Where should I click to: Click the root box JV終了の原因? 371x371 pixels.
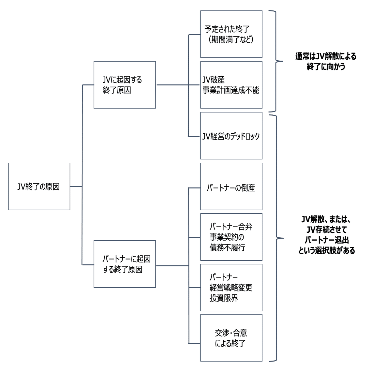tap(39, 186)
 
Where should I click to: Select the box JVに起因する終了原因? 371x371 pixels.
tap(125, 85)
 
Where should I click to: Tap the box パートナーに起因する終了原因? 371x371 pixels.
tap(125, 264)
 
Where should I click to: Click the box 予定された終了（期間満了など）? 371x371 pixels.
tap(231, 34)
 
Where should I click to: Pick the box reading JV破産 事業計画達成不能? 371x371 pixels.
tap(231, 85)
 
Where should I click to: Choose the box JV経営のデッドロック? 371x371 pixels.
tap(231, 136)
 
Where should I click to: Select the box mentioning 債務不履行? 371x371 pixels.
tap(231, 237)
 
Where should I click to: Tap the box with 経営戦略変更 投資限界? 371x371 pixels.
tap(231, 288)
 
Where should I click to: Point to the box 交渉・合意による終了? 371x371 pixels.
tap(231, 338)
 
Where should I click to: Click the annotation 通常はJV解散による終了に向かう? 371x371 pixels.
tap(326, 61)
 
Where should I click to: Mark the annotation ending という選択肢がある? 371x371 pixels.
tap(326, 251)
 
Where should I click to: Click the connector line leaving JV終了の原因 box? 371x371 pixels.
tap(76, 186)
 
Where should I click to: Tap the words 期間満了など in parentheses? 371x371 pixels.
tap(231, 40)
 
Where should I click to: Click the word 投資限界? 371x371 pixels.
tap(224, 298)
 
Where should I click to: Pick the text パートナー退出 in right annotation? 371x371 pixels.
tap(326, 240)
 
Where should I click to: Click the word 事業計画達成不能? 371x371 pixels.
tap(231, 90)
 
